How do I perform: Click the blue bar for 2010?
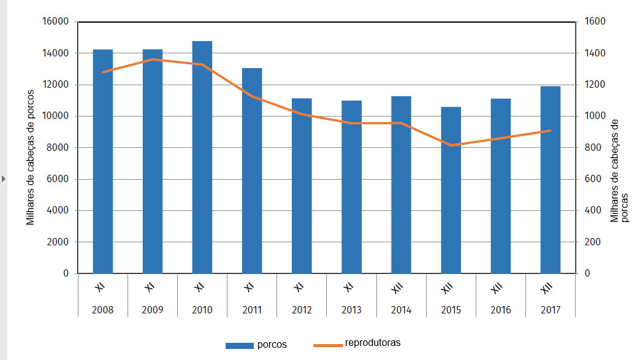coord(202,157)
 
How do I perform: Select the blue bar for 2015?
coord(451,190)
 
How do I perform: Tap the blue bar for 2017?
coord(550,180)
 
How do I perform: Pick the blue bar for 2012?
coord(302,186)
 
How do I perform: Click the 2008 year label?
coord(102,310)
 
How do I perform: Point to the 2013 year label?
coord(351,310)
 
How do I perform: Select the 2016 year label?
coord(500,310)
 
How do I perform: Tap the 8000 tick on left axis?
coord(59,148)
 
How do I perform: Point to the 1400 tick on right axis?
coord(595,53)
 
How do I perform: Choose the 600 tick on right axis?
coord(593,179)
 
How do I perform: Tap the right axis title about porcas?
coord(619,170)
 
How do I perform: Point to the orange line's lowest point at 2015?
coord(451,145)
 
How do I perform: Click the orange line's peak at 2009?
coord(153,59)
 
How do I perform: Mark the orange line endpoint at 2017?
coord(550,131)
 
